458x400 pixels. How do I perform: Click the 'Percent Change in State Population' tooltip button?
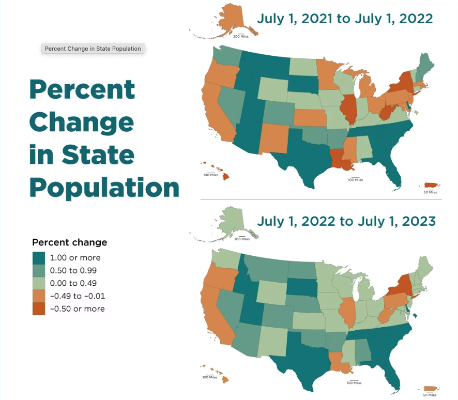(x=93, y=49)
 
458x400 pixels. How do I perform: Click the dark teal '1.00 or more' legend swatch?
(x=39, y=257)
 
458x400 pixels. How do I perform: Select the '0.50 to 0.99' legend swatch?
(x=39, y=270)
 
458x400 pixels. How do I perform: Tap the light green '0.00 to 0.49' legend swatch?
(x=39, y=283)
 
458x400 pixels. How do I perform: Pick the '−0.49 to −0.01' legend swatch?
(x=39, y=296)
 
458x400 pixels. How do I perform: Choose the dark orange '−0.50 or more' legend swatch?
(x=39, y=309)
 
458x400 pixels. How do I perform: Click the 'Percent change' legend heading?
(x=70, y=242)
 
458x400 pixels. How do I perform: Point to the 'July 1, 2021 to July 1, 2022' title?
(x=345, y=19)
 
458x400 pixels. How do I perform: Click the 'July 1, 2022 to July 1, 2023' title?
(x=346, y=222)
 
